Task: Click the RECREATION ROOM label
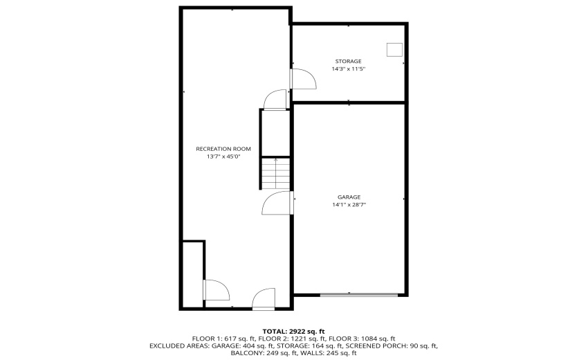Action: [x=223, y=149]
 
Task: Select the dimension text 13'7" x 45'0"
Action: [x=223, y=157]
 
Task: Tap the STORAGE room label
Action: [x=348, y=61]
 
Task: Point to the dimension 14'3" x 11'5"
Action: [x=348, y=69]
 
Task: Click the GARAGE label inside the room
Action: [x=349, y=197]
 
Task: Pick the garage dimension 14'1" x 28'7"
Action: [x=349, y=205]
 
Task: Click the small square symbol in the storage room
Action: [x=394, y=49]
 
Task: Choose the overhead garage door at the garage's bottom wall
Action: [x=358, y=295]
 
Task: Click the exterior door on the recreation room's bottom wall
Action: [x=263, y=298]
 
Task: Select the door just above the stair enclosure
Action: [x=275, y=100]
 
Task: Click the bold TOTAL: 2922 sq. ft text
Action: [x=293, y=330]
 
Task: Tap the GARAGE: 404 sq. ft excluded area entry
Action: [x=234, y=345]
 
